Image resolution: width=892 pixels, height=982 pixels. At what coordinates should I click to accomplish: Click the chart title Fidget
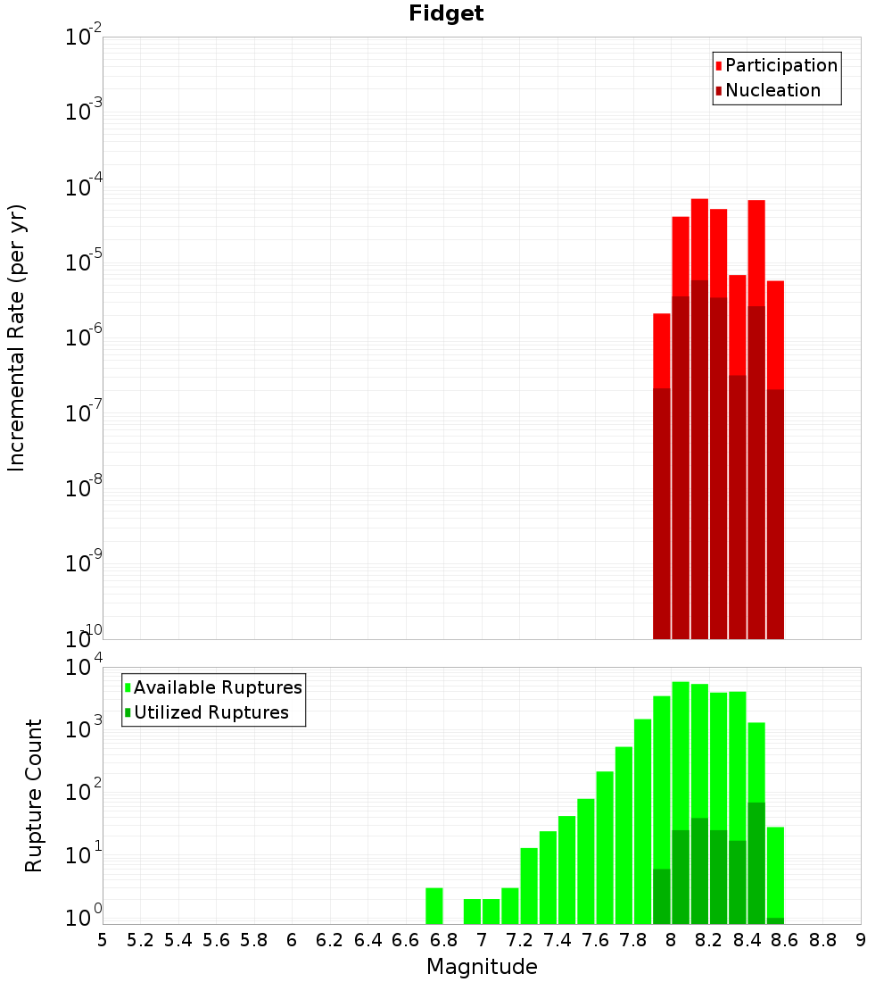446,13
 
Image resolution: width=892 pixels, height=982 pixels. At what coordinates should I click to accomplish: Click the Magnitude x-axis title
482,967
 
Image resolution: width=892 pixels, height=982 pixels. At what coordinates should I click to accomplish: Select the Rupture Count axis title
34,795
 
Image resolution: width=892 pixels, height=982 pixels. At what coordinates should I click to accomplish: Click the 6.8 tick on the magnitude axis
443,940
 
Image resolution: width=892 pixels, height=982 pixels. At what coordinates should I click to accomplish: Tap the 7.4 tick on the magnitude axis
557,940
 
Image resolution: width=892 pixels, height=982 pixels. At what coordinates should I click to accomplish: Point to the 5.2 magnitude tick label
140,940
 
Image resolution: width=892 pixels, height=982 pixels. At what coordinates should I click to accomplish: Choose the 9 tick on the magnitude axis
861,940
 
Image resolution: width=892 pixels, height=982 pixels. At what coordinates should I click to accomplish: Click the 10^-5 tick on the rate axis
84,262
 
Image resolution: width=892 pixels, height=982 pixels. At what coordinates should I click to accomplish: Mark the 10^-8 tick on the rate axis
84,488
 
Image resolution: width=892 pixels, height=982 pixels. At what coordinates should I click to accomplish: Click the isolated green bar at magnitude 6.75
434,905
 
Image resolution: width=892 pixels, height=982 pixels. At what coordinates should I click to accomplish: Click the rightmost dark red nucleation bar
775,513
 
